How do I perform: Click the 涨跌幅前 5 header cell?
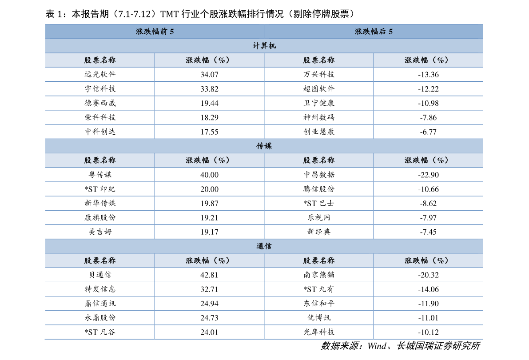point(155,32)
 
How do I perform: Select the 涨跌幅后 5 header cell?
point(374,32)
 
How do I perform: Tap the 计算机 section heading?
point(264,46)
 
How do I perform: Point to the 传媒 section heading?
point(264,146)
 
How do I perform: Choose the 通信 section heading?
point(264,246)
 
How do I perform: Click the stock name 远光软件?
point(100,74)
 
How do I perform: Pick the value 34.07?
point(209,75)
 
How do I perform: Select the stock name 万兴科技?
point(319,74)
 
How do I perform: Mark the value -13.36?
point(428,75)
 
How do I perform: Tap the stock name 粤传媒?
point(100,175)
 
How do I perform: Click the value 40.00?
point(209,175)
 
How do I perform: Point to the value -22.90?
point(428,175)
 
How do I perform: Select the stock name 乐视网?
point(319,217)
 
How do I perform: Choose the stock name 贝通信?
point(100,275)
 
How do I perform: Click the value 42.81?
point(209,275)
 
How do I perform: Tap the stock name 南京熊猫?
point(319,275)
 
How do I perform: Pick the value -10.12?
point(428,332)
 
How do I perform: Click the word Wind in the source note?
point(377,346)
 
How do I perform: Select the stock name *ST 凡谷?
point(100,332)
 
